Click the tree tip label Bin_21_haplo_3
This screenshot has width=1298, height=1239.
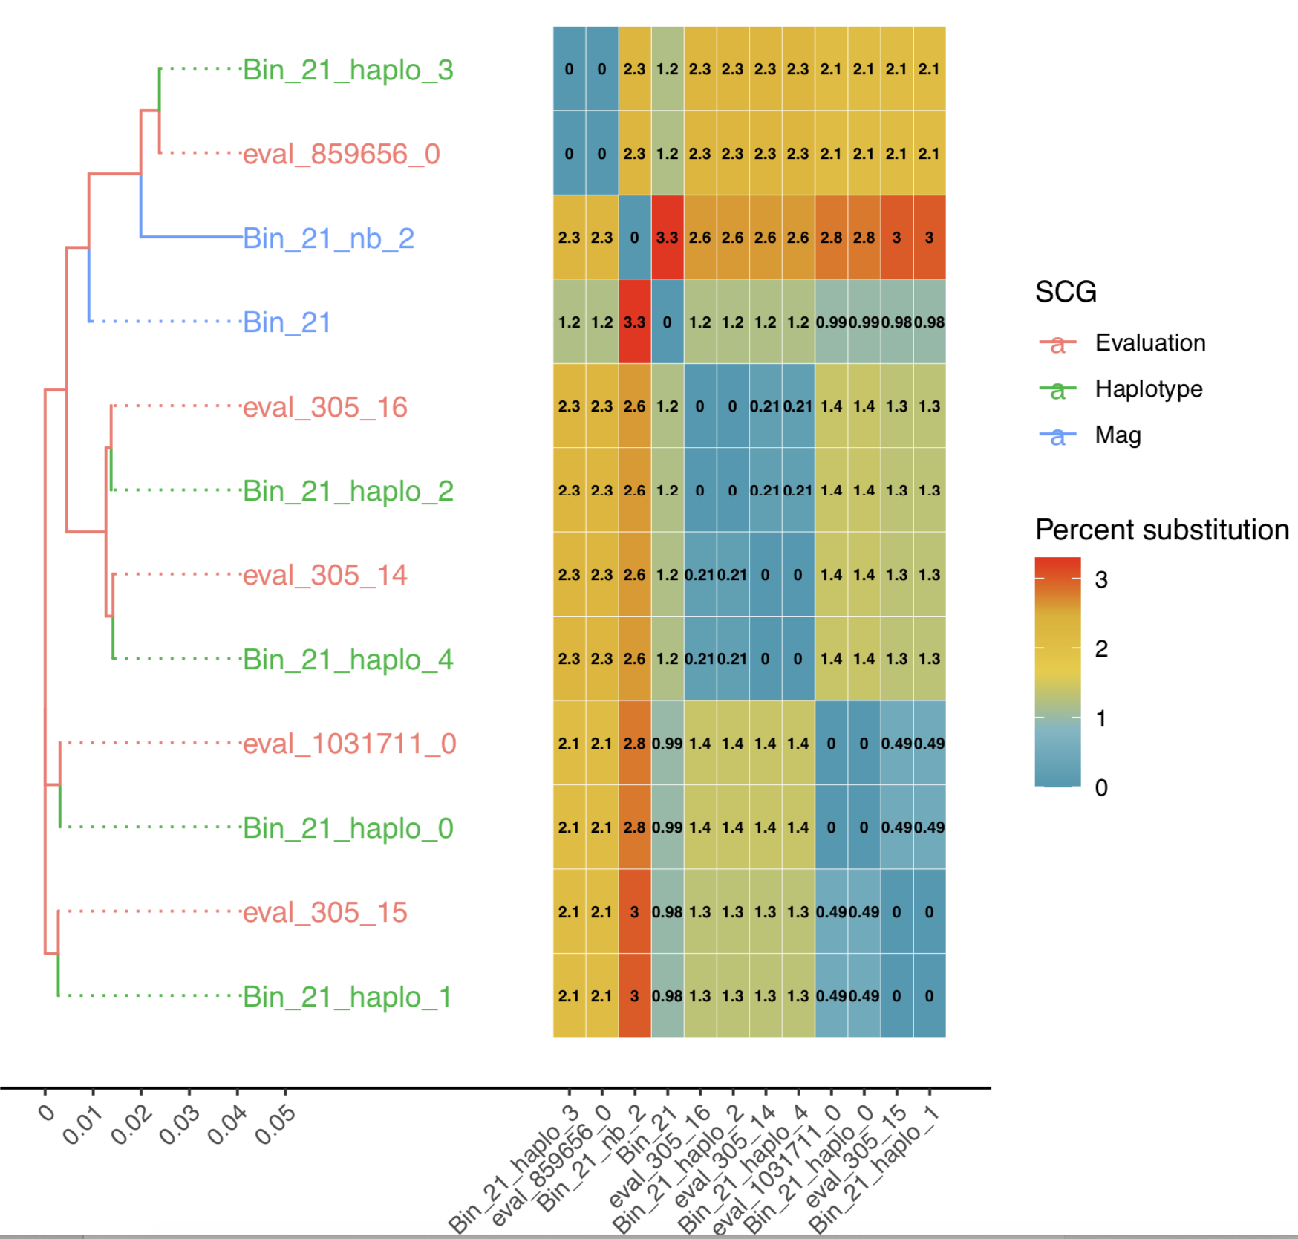coord(348,70)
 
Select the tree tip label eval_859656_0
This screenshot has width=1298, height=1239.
coord(342,155)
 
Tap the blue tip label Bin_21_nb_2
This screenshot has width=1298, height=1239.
coord(328,238)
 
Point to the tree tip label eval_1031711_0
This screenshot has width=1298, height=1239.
coord(349,744)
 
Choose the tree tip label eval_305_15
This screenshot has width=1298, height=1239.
coord(325,912)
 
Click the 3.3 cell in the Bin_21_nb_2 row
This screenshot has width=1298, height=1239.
coord(667,238)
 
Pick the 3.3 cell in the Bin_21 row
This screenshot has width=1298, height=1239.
coord(634,322)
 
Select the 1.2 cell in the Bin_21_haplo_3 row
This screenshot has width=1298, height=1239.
coord(667,69)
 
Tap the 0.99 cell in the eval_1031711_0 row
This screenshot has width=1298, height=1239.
coord(667,744)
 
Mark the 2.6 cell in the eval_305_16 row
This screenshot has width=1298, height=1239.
coord(634,406)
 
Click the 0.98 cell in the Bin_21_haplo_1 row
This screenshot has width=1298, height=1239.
coord(667,996)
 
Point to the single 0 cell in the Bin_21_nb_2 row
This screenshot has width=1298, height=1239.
coord(634,238)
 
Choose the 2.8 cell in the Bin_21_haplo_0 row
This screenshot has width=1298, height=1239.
coord(634,827)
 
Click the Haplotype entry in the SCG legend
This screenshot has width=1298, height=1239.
coord(1148,389)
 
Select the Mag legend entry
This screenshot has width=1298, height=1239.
coord(1118,435)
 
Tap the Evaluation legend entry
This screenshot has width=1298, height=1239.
coord(1149,343)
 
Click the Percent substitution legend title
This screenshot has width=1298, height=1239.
coord(1161,530)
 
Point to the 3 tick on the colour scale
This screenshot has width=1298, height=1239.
coord(1100,579)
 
